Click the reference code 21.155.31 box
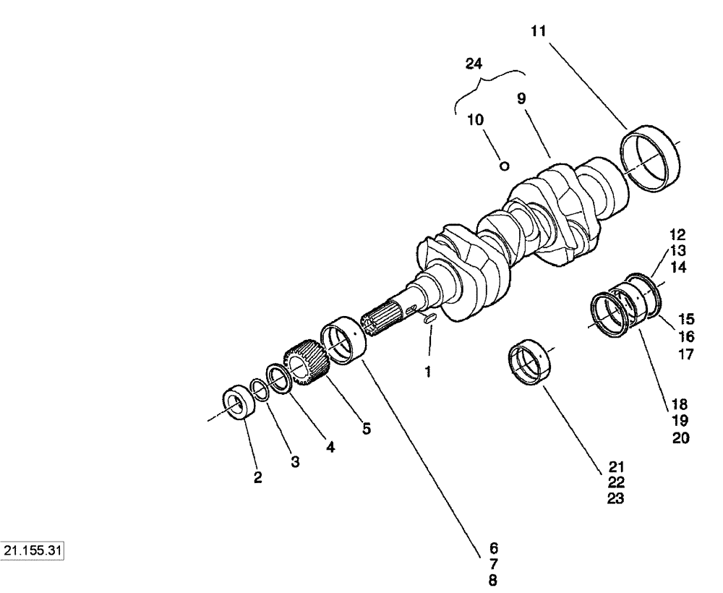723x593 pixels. click(33, 550)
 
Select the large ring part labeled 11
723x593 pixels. click(651, 158)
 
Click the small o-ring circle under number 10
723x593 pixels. click(505, 166)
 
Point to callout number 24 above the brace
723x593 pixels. click(473, 64)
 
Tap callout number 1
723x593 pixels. click(428, 373)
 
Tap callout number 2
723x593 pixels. click(257, 478)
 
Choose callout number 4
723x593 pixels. click(330, 447)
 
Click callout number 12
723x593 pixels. click(677, 235)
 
